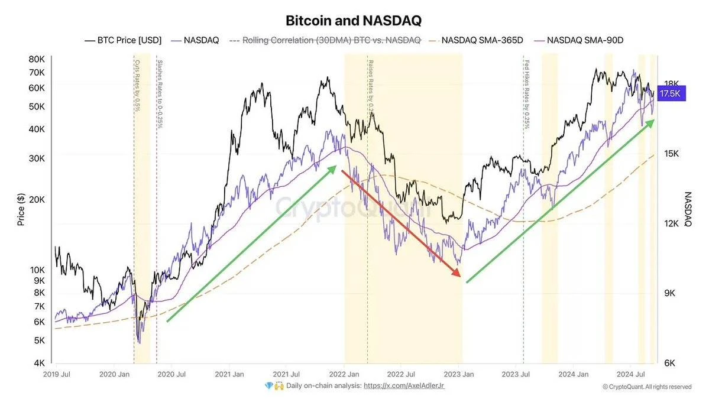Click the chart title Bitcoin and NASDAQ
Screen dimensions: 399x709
(x=354, y=20)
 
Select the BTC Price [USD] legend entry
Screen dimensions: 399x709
(x=122, y=40)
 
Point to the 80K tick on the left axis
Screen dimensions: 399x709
(x=37, y=59)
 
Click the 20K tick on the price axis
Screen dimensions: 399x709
(x=37, y=199)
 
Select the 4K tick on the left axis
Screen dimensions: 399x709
(x=39, y=363)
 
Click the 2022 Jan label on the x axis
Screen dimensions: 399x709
(x=345, y=374)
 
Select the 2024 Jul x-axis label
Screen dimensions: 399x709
(x=632, y=374)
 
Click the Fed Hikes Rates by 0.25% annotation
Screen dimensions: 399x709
(x=525, y=95)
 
